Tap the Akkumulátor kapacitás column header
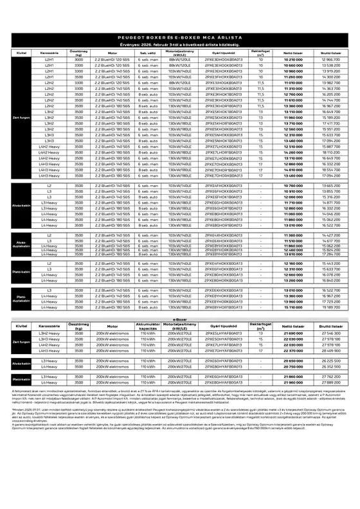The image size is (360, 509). point(148,326)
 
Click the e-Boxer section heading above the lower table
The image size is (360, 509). point(180,319)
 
